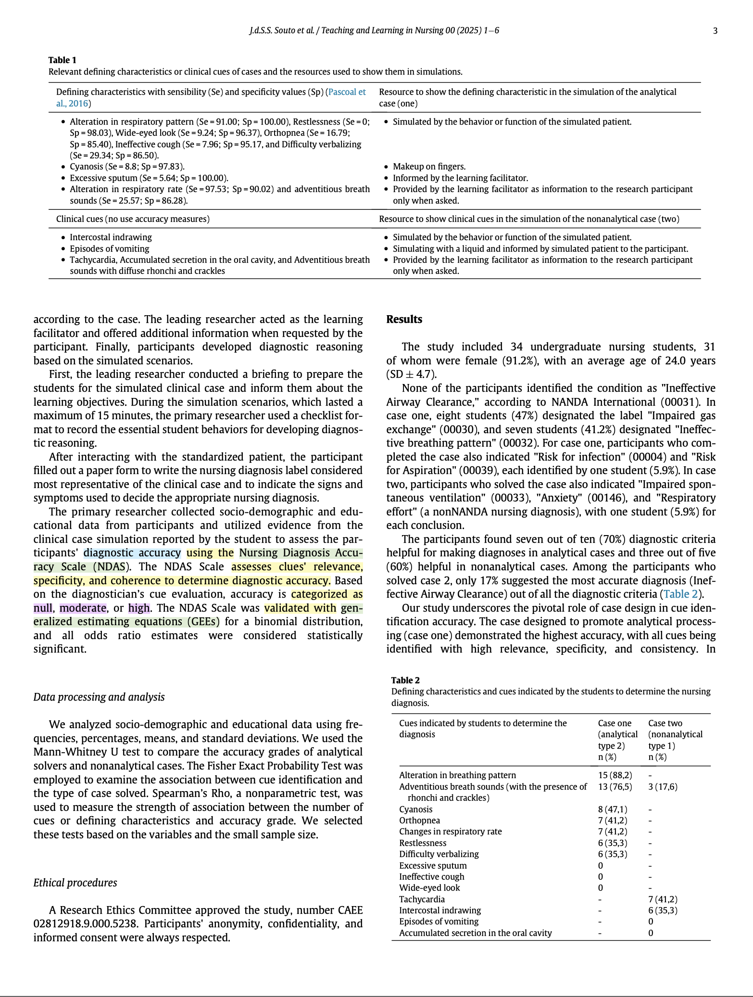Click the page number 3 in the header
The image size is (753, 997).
715,31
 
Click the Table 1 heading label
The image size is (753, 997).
62,60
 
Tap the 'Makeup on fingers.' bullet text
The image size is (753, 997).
429,166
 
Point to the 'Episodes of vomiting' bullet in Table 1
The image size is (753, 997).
109,249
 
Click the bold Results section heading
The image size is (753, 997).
404,320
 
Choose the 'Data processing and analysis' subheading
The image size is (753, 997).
99,697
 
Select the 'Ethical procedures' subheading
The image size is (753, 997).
75,882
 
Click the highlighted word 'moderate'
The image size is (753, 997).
83,608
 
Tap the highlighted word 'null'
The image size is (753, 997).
43,608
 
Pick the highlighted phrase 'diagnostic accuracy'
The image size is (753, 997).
132,553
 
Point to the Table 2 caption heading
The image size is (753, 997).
405,680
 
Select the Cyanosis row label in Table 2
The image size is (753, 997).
415,809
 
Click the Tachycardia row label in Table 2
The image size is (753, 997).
422,899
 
